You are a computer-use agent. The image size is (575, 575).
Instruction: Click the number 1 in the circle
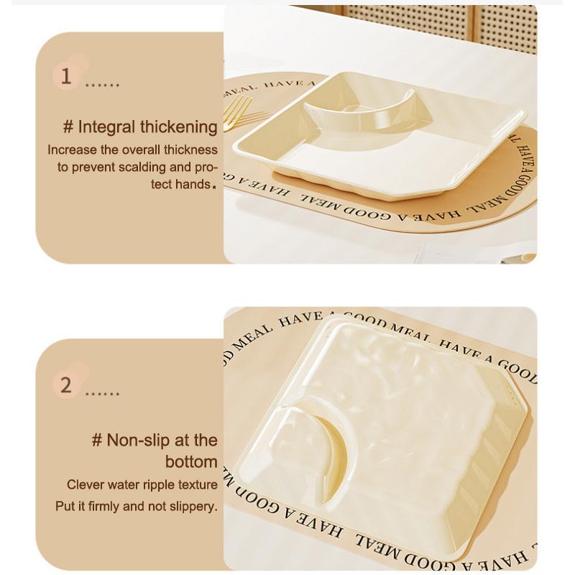click(66, 76)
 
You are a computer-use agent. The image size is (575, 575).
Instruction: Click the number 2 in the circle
click(66, 385)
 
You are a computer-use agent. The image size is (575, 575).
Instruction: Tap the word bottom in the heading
click(190, 461)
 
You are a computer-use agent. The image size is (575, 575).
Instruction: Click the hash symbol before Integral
click(68, 128)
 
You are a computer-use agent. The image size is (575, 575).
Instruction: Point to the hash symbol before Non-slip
click(97, 440)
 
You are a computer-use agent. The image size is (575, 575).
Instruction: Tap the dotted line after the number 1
click(102, 86)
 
